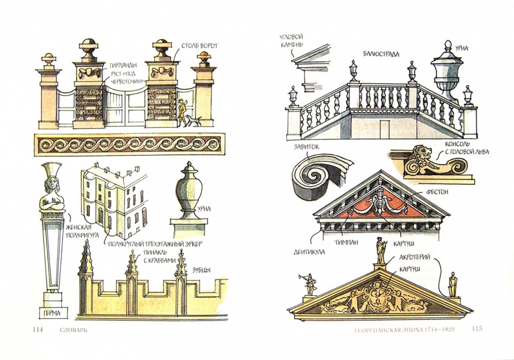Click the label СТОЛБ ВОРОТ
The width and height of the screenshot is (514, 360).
click(200, 46)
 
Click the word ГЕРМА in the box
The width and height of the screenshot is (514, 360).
click(52, 313)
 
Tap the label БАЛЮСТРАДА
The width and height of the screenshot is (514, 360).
click(381, 55)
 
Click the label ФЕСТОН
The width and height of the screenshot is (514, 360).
click(438, 191)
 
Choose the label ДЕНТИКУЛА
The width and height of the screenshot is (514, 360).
click(310, 251)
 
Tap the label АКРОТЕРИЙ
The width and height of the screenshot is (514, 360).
click(415, 258)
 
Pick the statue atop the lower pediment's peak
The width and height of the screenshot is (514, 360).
click(381, 250)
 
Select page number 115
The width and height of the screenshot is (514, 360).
click(477, 328)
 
